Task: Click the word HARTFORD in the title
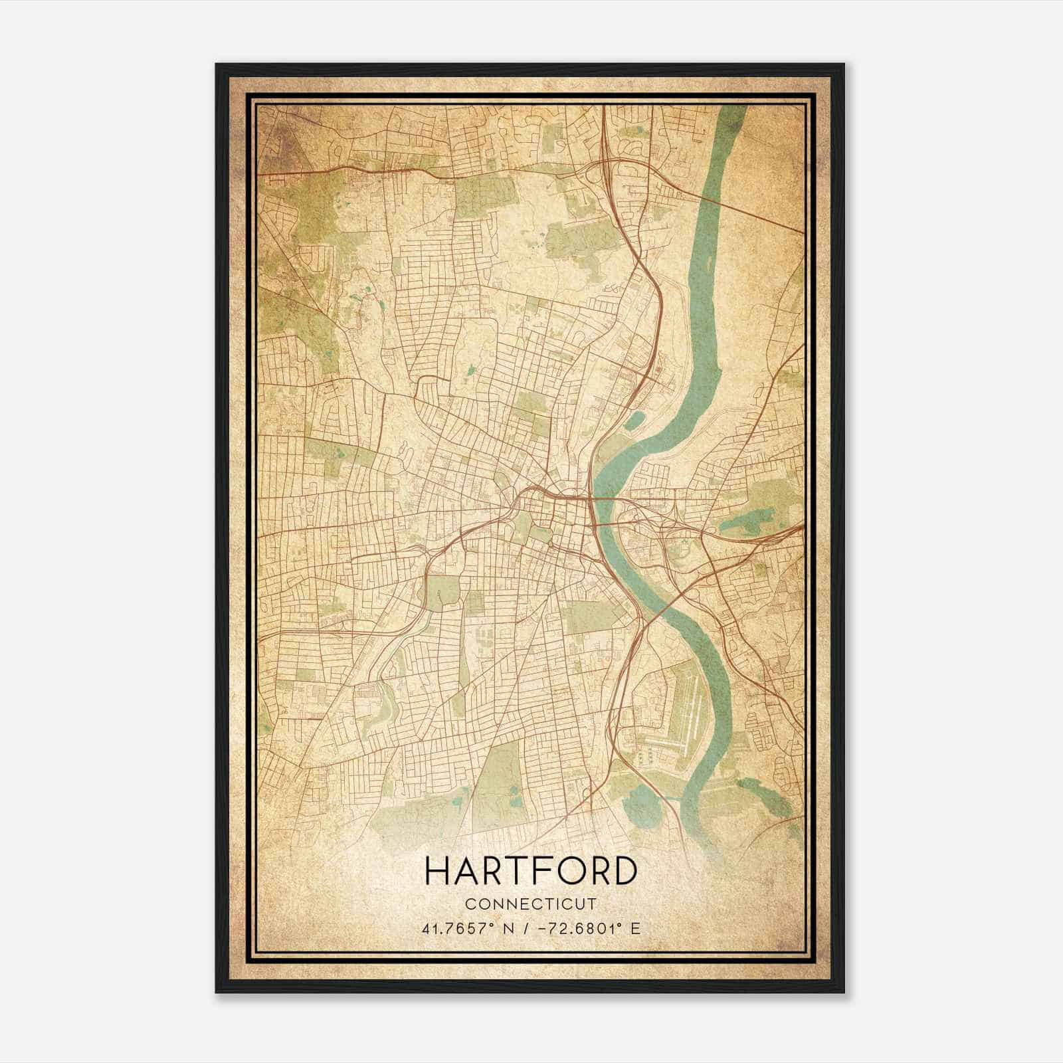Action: (531, 871)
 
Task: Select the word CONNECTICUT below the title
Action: (531, 904)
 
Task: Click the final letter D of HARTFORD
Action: (624, 871)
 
